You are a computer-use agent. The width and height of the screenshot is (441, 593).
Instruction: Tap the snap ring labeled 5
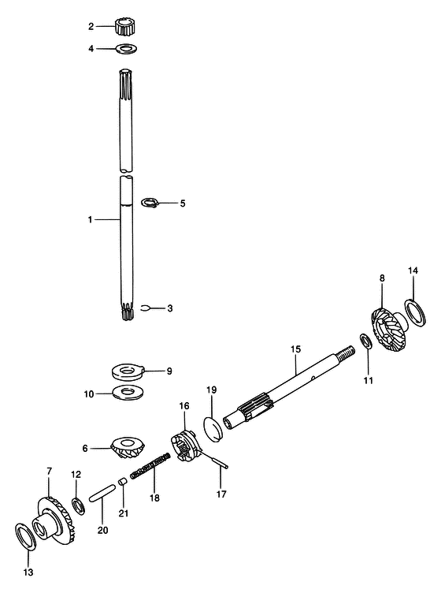(x=150, y=203)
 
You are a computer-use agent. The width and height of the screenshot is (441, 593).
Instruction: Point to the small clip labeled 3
(x=146, y=308)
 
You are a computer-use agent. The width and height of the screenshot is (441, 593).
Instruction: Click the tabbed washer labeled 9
(x=128, y=371)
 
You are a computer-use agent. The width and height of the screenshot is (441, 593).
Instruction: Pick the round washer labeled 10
(x=129, y=393)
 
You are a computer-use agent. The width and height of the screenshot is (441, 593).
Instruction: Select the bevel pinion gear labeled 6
(x=128, y=448)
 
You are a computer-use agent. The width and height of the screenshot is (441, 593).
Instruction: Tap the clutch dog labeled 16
(x=184, y=446)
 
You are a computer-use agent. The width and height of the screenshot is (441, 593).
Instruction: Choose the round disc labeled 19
(x=214, y=428)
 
